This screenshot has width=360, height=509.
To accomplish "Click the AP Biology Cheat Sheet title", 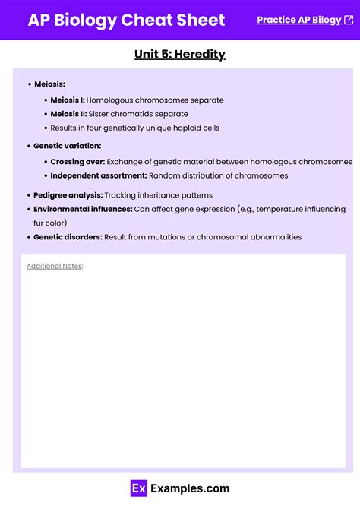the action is [126, 20].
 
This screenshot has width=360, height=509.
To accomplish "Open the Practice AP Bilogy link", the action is [298, 20].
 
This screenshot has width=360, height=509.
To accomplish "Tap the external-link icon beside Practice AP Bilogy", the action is [349, 20].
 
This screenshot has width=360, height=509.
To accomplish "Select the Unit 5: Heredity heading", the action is [180, 54].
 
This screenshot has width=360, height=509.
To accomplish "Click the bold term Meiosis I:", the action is [68, 100].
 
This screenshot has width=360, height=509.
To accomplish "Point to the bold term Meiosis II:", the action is [68, 114].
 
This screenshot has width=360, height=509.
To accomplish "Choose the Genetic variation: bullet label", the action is [67, 145].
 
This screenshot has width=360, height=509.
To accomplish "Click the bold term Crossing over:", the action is [77, 161].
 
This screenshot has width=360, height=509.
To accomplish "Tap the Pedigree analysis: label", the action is [68, 195].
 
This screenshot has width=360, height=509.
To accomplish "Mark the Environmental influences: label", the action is [83, 209].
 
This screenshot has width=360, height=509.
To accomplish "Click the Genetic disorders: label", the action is [68, 237].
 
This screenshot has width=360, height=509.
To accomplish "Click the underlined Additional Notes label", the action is [54, 266].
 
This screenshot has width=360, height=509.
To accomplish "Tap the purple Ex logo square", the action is [138, 488].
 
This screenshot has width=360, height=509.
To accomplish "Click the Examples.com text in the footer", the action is [189, 488].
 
